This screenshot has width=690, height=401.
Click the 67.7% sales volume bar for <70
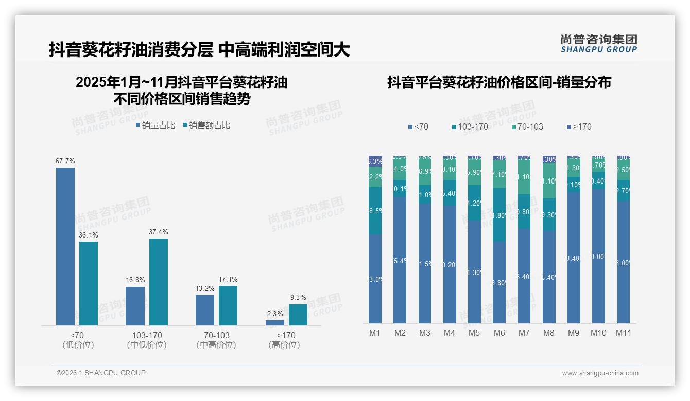(65, 246)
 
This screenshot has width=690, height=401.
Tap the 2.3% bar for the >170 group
(275, 323)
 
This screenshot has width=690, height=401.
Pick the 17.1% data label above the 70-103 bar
(228, 280)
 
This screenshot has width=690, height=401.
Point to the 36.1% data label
(89, 235)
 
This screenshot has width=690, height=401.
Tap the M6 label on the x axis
(499, 333)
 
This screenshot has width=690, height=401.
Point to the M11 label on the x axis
(624, 333)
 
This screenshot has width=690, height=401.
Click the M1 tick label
(375, 333)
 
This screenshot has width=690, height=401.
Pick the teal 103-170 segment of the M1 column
(375, 211)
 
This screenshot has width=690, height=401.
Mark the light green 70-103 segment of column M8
(549, 180)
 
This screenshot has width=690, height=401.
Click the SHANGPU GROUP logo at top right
(599, 44)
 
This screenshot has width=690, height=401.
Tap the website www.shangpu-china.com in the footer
(600, 373)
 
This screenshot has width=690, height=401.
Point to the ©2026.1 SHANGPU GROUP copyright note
(101, 373)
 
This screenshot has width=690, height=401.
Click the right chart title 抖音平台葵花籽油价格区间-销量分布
(498, 83)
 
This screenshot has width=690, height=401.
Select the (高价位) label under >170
(284, 345)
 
